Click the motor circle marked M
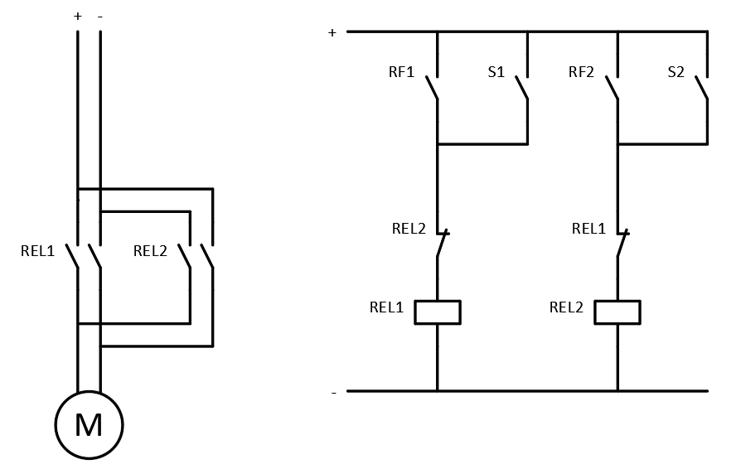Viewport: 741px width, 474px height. tap(89, 425)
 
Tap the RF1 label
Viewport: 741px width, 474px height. tap(400, 72)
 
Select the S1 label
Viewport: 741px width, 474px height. tap(496, 72)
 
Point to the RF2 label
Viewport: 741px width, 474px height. tap(581, 72)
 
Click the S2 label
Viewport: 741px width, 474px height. tap(676, 72)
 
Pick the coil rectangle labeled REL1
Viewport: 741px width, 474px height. tap(437, 312)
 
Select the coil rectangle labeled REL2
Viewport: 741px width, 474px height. tap(617, 312)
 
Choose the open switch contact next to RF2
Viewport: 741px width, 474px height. tap(613, 88)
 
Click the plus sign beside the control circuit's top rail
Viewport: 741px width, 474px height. tap(332, 33)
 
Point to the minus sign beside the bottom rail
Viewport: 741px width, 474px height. tap(334, 392)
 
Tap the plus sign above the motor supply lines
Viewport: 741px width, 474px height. tap(78, 16)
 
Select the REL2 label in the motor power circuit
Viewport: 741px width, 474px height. tap(150, 251)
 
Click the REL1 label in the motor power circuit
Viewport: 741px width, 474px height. tap(37, 251)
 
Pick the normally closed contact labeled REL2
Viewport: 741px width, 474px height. tap(442, 244)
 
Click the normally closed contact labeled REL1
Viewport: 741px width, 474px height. tap(622, 244)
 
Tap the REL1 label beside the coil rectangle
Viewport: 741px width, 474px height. tap(386, 307)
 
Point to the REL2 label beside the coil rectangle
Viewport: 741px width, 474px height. tap(566, 307)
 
